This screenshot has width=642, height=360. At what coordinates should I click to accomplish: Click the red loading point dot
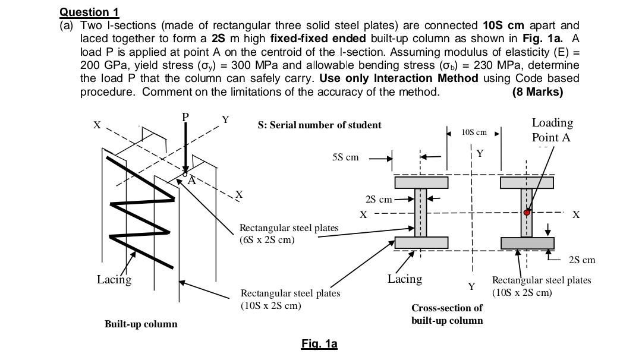[x=527, y=212]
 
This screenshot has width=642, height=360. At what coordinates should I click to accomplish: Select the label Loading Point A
[x=552, y=130]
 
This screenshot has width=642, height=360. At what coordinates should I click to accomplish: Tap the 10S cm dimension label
[x=474, y=132]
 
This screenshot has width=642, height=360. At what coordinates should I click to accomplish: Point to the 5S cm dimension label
[x=345, y=157]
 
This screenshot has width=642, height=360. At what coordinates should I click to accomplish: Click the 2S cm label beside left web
[x=378, y=198]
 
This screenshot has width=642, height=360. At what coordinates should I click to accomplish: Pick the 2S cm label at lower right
[x=581, y=260]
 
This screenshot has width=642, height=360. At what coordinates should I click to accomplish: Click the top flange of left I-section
[x=421, y=183]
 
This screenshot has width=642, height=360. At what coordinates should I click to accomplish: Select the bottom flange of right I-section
[x=527, y=243]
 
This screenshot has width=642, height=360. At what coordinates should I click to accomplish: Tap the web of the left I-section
[x=421, y=213]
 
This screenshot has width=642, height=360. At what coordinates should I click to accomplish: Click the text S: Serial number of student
[x=319, y=125]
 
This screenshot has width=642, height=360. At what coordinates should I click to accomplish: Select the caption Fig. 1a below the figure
[x=319, y=344]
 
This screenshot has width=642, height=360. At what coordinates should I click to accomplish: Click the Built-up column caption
[x=141, y=324]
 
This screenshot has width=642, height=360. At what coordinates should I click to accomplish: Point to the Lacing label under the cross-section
[x=405, y=279]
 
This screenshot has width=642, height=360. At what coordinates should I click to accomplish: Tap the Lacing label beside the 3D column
[x=114, y=279]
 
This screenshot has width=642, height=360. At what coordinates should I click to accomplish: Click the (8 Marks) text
[x=537, y=92]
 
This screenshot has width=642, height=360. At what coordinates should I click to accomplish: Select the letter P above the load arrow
[x=185, y=117]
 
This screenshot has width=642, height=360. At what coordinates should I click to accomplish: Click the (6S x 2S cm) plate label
[x=267, y=240]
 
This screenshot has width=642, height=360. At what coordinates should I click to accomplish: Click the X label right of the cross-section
[x=575, y=214]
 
